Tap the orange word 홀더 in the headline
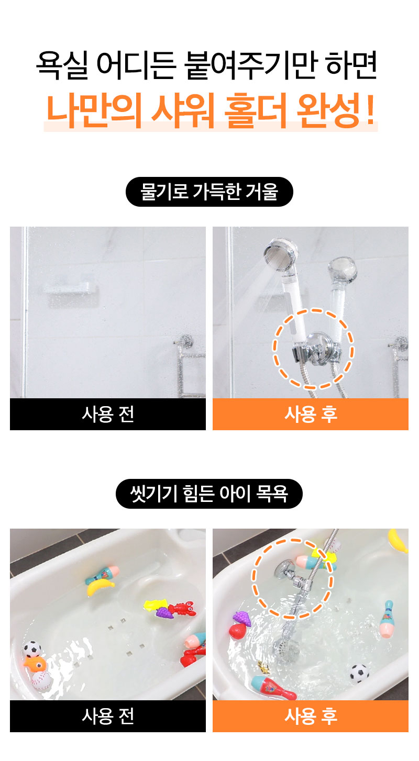pos(256,110)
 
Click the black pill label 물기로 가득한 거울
pos(209,192)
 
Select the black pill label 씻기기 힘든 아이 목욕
pos(209,494)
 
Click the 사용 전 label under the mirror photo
pos(108,414)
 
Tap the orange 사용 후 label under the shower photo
pos(311,414)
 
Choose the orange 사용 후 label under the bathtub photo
pos(311,716)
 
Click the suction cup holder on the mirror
pos(316,346)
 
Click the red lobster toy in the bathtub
pos(182,609)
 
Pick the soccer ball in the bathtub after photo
pos(359,673)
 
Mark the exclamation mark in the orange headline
pos(370,109)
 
